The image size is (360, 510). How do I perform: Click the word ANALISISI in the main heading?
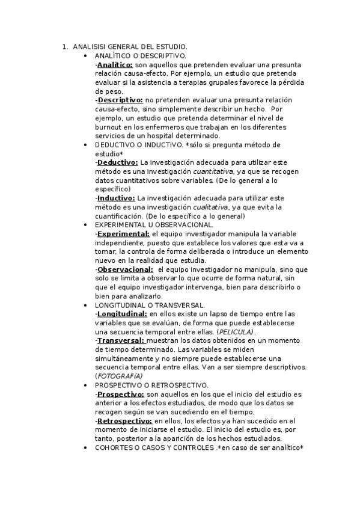pos(88,46)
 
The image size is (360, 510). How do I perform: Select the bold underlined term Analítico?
pos(115,64)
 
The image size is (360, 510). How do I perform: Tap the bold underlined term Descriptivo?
pos(120,100)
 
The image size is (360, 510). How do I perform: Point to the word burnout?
pos(110,127)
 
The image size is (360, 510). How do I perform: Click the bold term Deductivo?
pos(118,162)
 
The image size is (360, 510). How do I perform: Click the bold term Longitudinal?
pos(122,314)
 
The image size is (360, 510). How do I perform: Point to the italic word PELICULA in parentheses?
pos(236,331)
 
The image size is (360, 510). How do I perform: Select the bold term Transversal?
pos(121,340)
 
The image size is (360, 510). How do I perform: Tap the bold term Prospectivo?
pos(121,394)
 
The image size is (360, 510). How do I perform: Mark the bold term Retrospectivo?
pos(124,421)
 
